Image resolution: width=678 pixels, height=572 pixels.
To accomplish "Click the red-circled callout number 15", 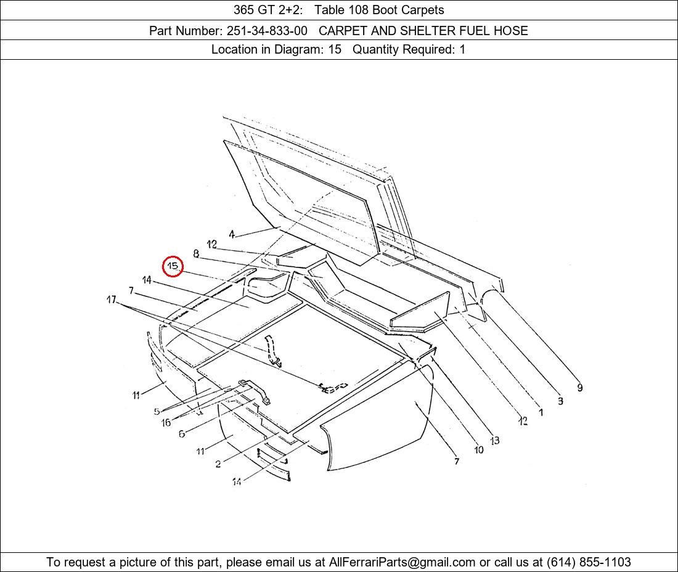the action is pos(173,266).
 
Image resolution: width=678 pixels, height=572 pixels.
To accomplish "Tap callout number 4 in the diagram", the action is pos(232,234).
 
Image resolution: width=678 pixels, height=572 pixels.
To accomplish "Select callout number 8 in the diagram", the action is pos(196,254).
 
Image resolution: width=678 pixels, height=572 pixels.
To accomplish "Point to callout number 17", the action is pos(112,299).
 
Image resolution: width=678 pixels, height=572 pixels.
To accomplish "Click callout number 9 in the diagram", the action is pos(580,388).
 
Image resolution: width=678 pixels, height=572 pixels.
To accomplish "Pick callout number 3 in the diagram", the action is pos(560,401).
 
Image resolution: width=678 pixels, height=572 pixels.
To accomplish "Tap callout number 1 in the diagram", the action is pos(541,412).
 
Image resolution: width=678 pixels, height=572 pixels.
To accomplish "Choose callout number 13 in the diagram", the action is pos(495,441).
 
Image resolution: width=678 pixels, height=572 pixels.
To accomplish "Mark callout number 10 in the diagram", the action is pos(479,450).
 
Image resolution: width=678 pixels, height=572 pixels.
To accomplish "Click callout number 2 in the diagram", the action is pos(218,464).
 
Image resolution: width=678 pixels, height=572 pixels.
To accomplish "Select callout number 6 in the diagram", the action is pos(182,433).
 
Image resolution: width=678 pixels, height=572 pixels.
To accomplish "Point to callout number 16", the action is pos(166,422).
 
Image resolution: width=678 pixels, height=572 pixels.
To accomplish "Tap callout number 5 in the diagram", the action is pos(157,412).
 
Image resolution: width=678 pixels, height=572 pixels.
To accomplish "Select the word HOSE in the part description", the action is pos(511,31).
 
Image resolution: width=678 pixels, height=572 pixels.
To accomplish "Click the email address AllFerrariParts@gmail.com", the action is pos(402,562).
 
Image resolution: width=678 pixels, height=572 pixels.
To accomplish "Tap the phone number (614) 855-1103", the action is pos(589,562).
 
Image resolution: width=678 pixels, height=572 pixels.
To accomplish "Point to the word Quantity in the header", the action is pos(375,50).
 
